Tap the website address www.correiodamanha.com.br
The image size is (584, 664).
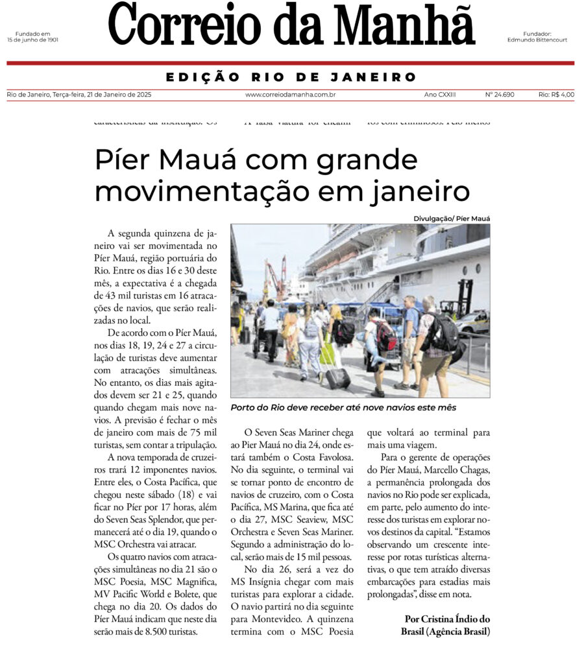286,95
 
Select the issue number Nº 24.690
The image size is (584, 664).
499,95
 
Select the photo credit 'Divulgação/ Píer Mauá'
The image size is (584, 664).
452,219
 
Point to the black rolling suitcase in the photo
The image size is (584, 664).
337,376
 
